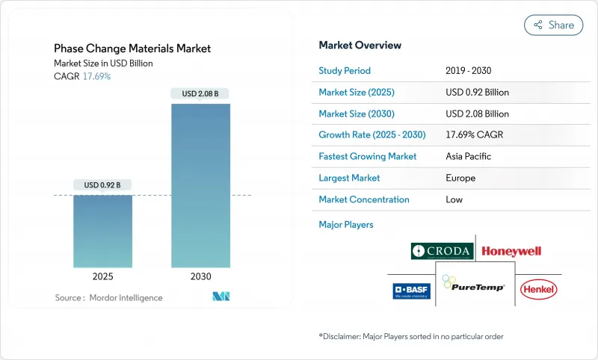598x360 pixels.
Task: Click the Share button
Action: [x=553, y=25]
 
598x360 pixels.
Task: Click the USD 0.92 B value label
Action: [x=102, y=184]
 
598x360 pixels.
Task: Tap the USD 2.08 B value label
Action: [x=200, y=93]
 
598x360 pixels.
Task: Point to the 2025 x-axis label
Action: [x=102, y=276]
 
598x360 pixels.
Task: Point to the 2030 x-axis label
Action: [x=200, y=276]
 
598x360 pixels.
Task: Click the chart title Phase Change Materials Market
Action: [x=132, y=49]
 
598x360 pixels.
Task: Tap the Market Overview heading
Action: [x=360, y=46]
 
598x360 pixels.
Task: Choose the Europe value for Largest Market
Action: [x=460, y=179]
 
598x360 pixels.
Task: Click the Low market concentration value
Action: [x=454, y=199]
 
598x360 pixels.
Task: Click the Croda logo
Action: [x=441, y=251]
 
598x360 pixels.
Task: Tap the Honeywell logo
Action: [x=511, y=251]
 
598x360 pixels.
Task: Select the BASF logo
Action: [x=411, y=290]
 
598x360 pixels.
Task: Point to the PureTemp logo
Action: [x=474, y=285]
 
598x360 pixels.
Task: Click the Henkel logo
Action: [x=539, y=289]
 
